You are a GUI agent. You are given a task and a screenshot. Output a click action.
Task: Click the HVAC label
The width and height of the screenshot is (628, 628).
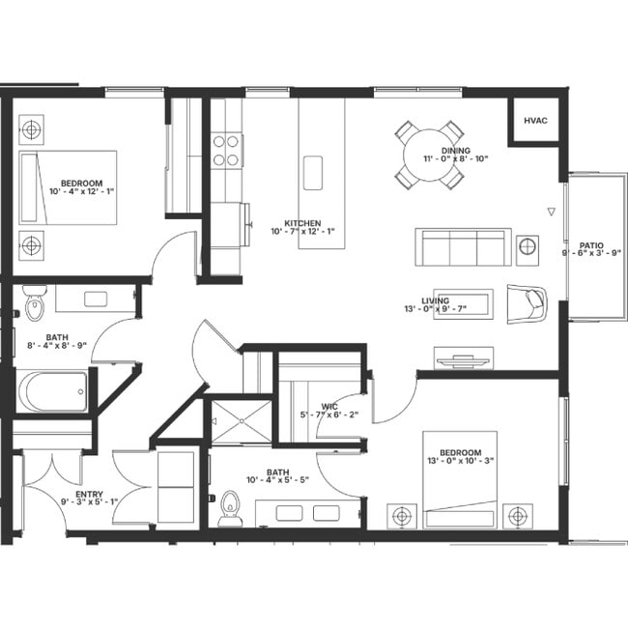click(x=535, y=121)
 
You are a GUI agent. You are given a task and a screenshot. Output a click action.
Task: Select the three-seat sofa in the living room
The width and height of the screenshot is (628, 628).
click(x=463, y=247)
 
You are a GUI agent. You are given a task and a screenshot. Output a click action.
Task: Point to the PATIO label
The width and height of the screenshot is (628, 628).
click(x=591, y=246)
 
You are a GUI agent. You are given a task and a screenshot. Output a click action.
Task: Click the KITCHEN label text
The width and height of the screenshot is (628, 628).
click(x=302, y=223)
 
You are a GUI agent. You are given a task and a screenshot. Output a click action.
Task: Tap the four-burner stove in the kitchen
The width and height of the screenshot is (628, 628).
click(x=226, y=150)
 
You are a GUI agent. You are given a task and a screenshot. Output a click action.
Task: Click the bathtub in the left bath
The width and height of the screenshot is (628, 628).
click(x=53, y=392)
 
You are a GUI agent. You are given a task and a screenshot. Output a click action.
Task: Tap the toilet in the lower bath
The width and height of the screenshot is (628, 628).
click(x=230, y=508)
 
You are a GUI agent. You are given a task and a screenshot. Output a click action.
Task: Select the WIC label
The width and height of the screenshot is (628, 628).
click(x=328, y=407)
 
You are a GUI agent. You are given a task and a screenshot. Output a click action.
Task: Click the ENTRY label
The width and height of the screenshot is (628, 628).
click(x=89, y=494)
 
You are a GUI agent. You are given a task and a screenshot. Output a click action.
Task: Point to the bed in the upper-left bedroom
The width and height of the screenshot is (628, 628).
click(x=68, y=186)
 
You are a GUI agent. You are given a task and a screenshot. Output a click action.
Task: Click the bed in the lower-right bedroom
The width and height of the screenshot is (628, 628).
click(x=459, y=479)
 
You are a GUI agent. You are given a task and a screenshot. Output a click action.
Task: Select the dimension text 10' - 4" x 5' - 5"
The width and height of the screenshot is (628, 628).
click(x=276, y=480)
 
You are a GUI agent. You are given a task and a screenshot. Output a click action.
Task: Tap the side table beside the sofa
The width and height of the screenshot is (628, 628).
click(x=528, y=246)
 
